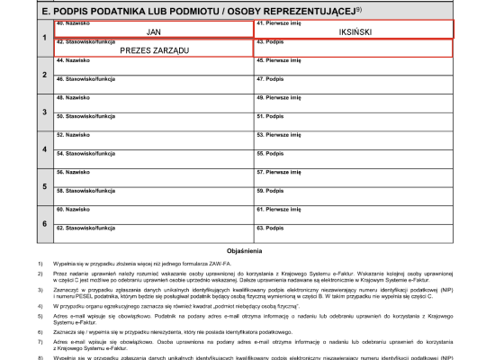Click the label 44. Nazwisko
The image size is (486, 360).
(x=71, y=60)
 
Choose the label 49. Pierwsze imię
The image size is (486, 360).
(x=278, y=98)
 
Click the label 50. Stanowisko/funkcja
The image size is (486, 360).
(x=85, y=116)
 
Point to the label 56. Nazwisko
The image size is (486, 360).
(x=71, y=172)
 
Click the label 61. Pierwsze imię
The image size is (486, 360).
(x=278, y=209)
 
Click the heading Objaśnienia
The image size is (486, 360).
(x=244, y=250)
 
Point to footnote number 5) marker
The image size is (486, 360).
(x=40, y=318)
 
